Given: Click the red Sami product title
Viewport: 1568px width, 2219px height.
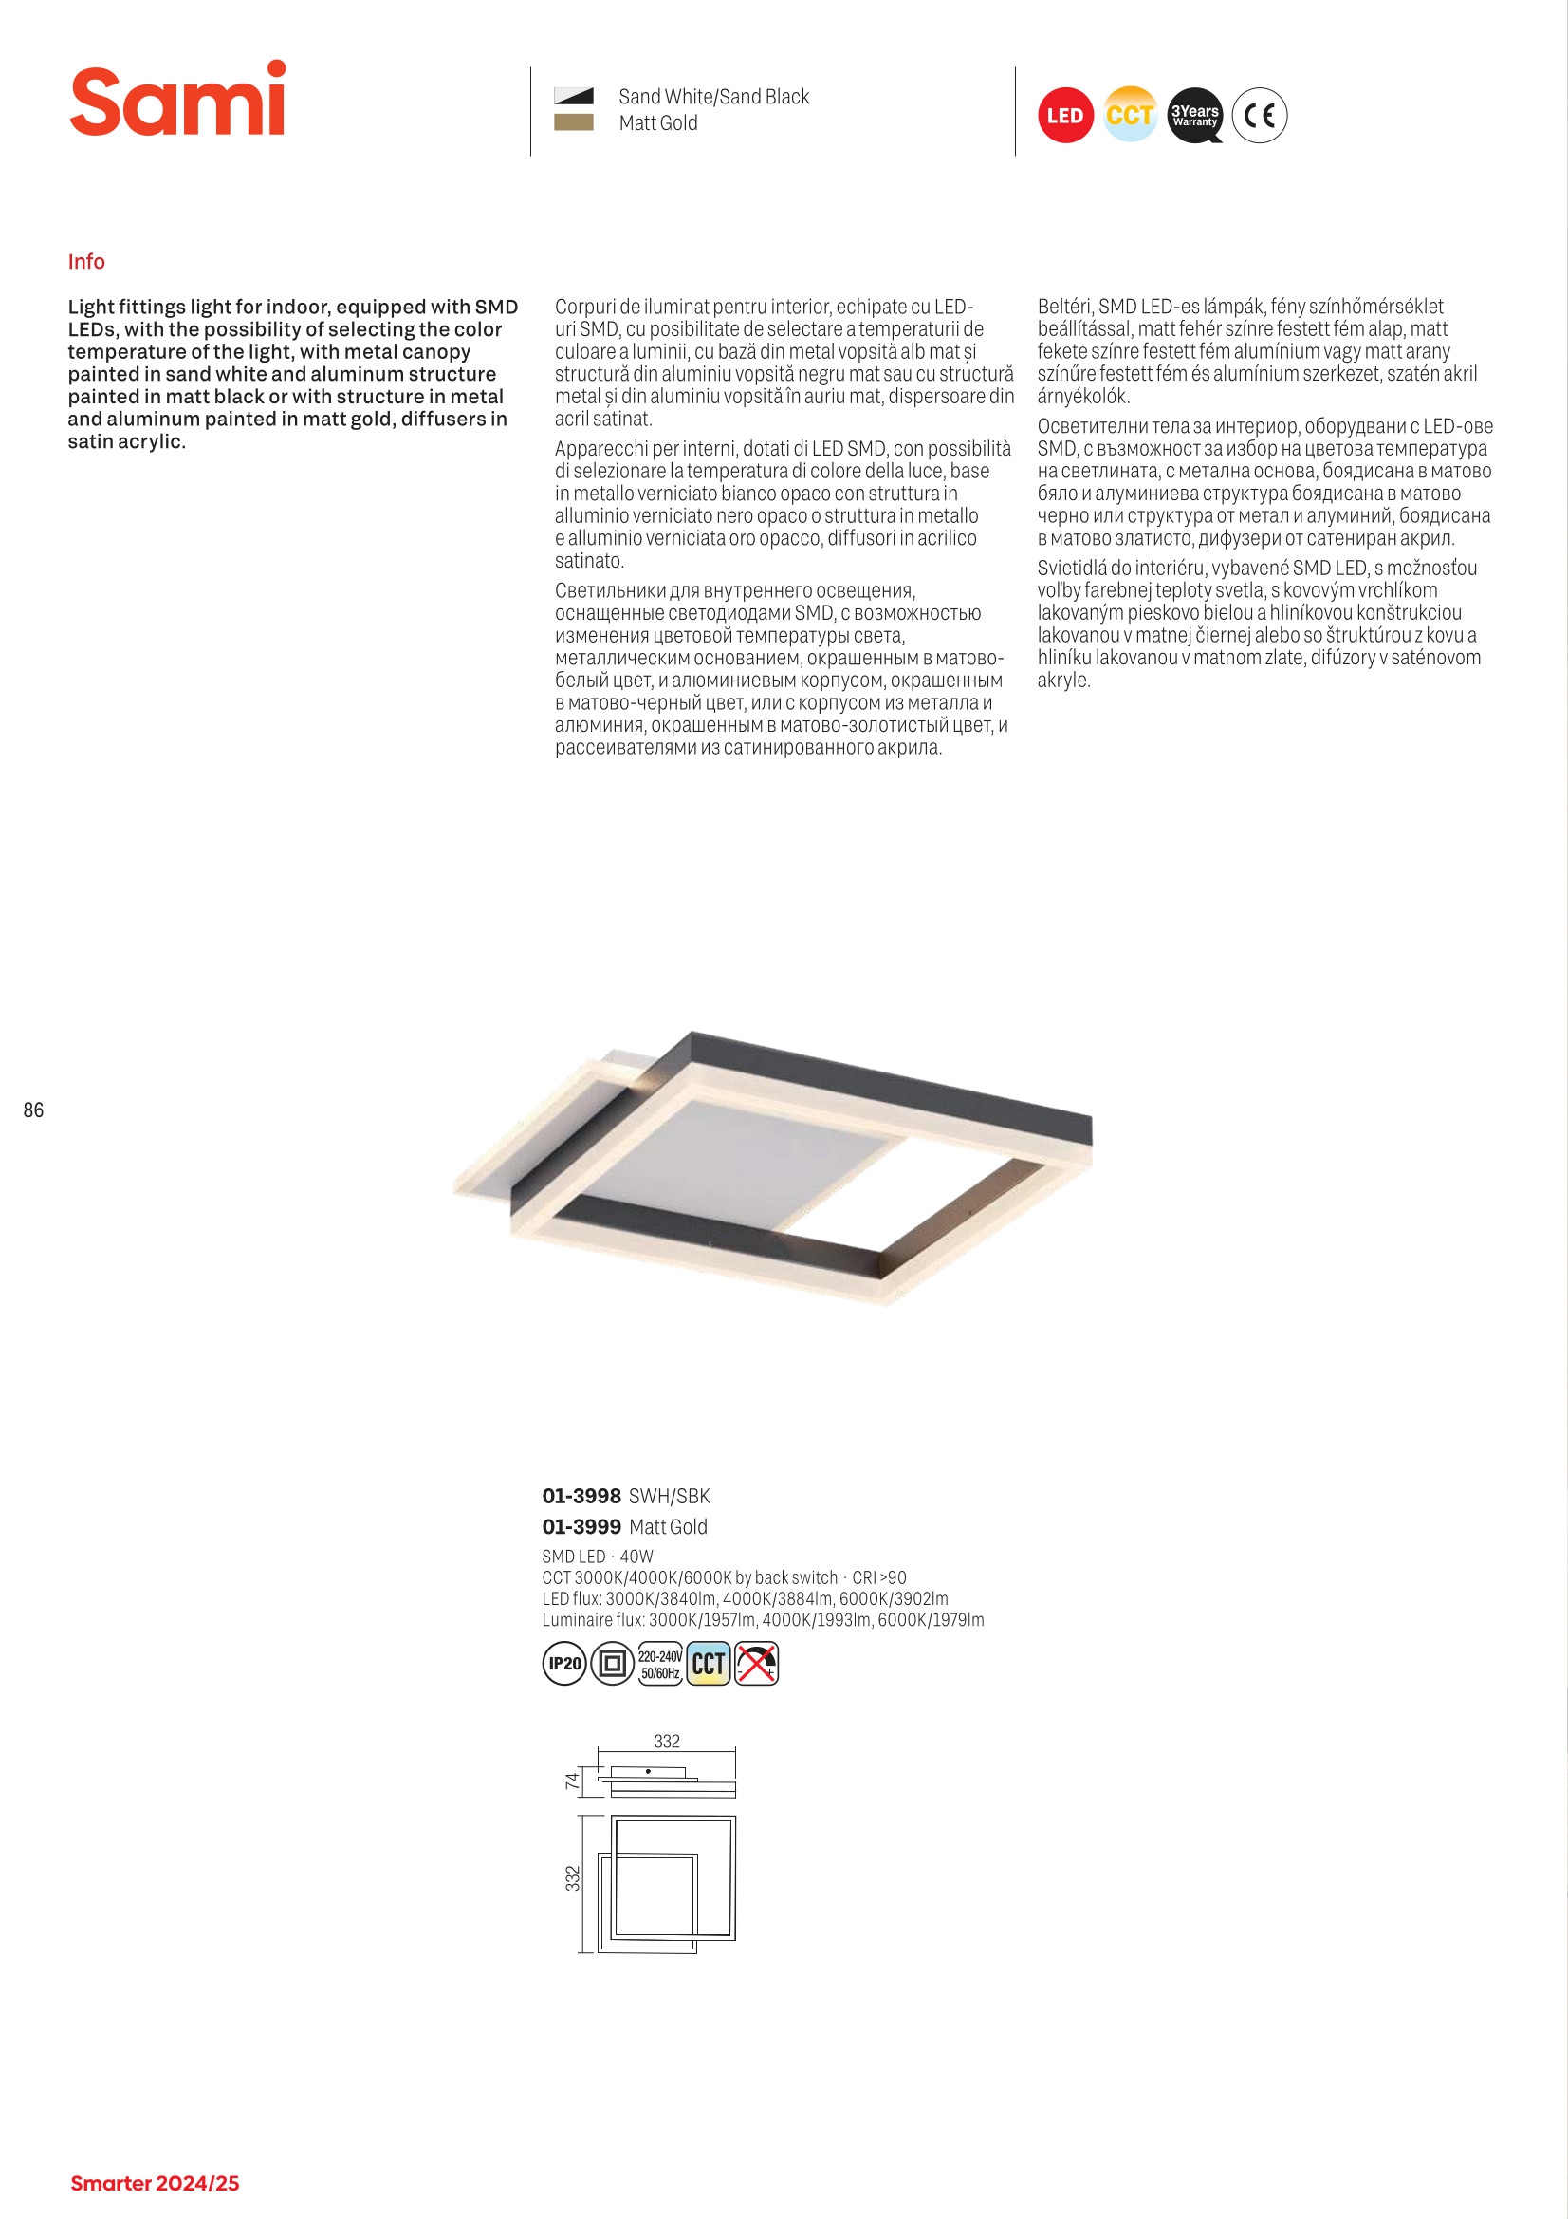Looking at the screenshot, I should pyautogui.click(x=177, y=101).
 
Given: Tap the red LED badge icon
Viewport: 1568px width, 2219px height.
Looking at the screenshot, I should pyautogui.click(x=1064, y=116).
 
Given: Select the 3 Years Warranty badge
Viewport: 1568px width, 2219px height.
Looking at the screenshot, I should pyautogui.click(x=1194, y=116).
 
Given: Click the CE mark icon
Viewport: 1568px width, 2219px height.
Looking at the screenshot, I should pyautogui.click(x=1260, y=116).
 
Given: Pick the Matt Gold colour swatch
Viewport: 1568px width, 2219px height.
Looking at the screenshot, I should pyautogui.click(x=573, y=122).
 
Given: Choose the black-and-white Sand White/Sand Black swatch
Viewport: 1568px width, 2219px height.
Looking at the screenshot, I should pyautogui.click(x=573, y=96).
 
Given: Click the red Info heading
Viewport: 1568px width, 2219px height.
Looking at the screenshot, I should pyautogui.click(x=86, y=262).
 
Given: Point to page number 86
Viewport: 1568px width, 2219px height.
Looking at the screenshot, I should pyautogui.click(x=34, y=1110).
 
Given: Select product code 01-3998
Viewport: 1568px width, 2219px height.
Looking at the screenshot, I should pyautogui.click(x=581, y=1496).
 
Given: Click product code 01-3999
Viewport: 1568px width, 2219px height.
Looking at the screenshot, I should pyautogui.click(x=581, y=1527).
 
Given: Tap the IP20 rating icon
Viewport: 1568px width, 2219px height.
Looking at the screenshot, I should pyautogui.click(x=564, y=1663).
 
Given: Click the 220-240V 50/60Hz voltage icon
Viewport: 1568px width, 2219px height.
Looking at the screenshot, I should pyautogui.click(x=660, y=1663).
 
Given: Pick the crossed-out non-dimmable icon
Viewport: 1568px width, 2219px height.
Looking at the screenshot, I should pyautogui.click(x=756, y=1663).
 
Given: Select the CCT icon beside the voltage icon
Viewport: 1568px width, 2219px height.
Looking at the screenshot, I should pyautogui.click(x=709, y=1663).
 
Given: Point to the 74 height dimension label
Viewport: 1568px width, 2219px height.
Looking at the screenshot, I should pyautogui.click(x=573, y=1781).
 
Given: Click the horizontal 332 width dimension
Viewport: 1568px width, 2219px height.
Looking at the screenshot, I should pyautogui.click(x=667, y=1742).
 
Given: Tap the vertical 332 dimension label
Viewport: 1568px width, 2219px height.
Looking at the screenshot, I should pyautogui.click(x=573, y=1878).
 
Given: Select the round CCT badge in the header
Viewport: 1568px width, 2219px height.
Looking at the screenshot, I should pyautogui.click(x=1130, y=116).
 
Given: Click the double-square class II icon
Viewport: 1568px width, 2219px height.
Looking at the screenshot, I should pyautogui.click(x=612, y=1663).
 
